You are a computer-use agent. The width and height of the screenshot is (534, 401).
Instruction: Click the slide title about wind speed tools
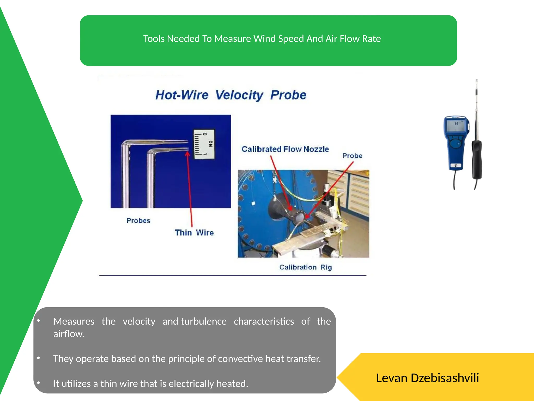coord(262,39)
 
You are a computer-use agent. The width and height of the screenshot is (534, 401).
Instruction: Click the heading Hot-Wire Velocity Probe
coord(231,95)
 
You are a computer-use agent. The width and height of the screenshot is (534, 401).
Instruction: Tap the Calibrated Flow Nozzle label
coord(285,149)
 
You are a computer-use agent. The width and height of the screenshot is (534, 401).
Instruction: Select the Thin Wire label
coord(194,233)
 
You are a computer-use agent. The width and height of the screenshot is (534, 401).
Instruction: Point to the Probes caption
coord(138,221)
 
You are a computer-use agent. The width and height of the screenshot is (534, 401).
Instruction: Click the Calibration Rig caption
coord(305,267)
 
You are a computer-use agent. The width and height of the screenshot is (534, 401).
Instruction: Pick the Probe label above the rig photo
coord(352,156)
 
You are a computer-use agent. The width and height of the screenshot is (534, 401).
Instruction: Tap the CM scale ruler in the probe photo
coord(204,144)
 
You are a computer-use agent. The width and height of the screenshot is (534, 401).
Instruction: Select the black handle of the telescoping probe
coord(477,159)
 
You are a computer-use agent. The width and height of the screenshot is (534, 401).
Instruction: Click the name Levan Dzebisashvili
coord(427,378)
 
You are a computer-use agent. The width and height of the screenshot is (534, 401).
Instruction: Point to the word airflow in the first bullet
coord(69,334)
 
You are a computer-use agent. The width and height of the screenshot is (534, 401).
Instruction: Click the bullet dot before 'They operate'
coord(38,358)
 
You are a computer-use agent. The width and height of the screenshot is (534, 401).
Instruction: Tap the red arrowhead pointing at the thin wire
coord(187,154)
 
